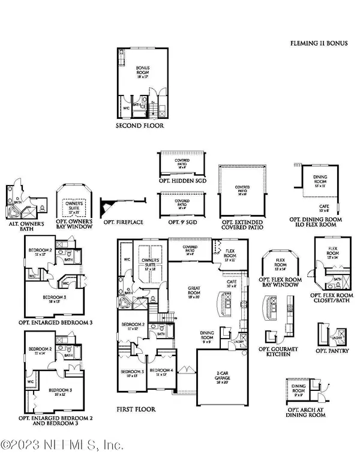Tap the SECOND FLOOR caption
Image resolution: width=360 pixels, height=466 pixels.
(139, 127)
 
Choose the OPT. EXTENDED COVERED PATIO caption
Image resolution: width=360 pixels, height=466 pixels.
(242, 225)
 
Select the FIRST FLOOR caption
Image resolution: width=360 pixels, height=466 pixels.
(137, 410)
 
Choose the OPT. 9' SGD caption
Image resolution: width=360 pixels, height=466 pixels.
(182, 222)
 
